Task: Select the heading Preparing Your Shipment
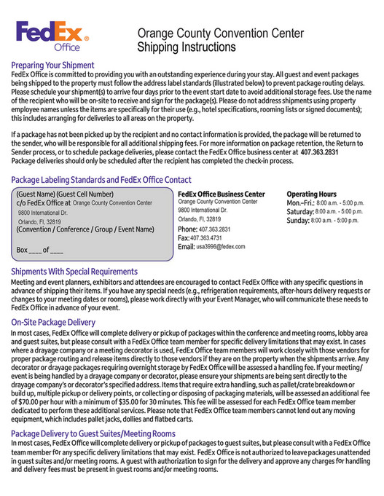pos(52,65)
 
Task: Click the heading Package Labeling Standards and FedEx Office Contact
pos(101,179)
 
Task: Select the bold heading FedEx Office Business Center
pos(222,194)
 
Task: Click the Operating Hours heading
pos(311,194)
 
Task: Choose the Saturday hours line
pos(324,211)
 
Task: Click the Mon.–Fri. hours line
pos(324,202)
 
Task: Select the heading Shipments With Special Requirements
pos(74,271)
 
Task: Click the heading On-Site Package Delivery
pos(53,321)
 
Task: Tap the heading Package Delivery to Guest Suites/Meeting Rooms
pos(93,433)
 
